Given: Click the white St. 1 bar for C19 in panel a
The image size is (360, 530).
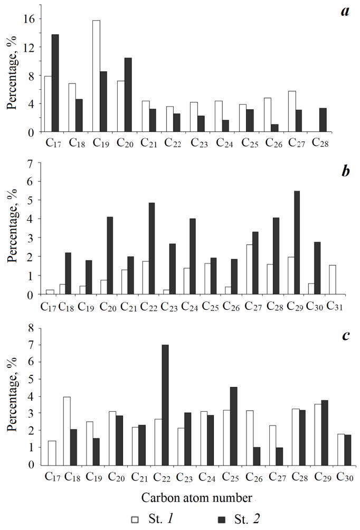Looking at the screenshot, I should (96, 76).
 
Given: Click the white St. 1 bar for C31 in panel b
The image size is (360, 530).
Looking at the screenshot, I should (332, 279).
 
